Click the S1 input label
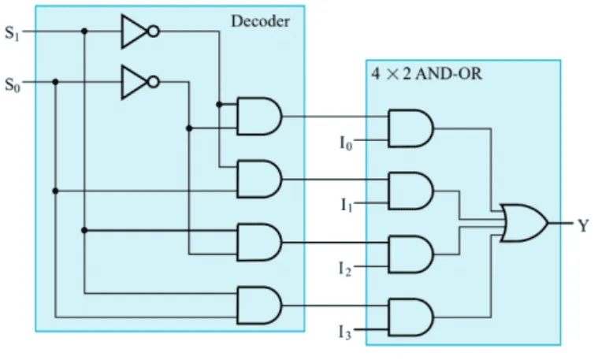pyautogui.click(x=12, y=33)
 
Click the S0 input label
pyautogui.click(x=12, y=84)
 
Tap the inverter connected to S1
pyautogui.click(x=139, y=32)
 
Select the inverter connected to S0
pyautogui.click(x=139, y=82)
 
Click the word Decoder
pyautogui.click(x=261, y=21)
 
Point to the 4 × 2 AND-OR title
pyautogui.click(x=427, y=73)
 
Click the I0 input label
pyautogui.click(x=346, y=143)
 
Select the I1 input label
pyautogui.click(x=347, y=205)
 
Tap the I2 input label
pyautogui.click(x=345, y=269)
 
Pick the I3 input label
pyautogui.click(x=345, y=332)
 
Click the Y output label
pyautogui.click(x=583, y=226)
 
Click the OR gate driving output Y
pyautogui.click(x=524, y=223)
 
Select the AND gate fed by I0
pyautogui.click(x=410, y=128)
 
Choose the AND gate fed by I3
pyautogui.click(x=410, y=317)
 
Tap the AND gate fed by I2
pyautogui.click(x=410, y=254)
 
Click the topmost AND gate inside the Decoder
pyautogui.click(x=259, y=117)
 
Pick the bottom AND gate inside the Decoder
pyautogui.click(x=259, y=306)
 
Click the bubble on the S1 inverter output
pyautogui.click(x=154, y=32)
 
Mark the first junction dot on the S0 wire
pyautogui.click(x=55, y=82)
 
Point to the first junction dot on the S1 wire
pyautogui.click(x=84, y=32)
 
